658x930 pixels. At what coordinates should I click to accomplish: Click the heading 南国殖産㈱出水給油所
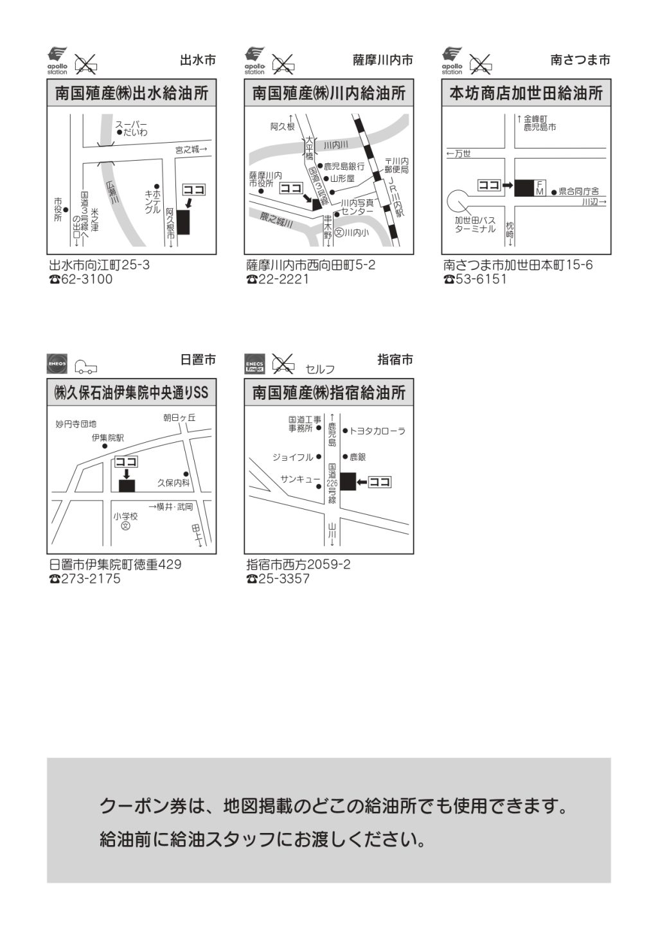[x=132, y=94]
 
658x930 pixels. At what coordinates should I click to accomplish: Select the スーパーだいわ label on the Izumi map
[x=132, y=128]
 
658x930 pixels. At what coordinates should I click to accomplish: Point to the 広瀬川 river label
[x=110, y=192]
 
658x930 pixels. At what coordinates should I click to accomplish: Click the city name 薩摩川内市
[x=382, y=60]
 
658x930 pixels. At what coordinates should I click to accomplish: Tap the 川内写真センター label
[x=357, y=206]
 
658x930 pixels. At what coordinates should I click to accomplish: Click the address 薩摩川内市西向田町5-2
[x=311, y=265]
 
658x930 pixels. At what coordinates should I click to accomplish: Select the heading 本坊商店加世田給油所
[x=526, y=94]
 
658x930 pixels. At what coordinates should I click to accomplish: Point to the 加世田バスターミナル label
[x=475, y=224]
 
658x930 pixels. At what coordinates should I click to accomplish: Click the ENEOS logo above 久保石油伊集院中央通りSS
[x=57, y=364]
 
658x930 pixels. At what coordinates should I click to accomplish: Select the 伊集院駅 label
[x=107, y=438]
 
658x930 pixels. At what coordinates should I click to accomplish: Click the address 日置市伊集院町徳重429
[x=116, y=564]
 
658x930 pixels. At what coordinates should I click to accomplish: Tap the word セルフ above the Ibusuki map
[x=320, y=369]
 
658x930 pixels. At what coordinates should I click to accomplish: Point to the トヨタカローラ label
[x=377, y=431]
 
